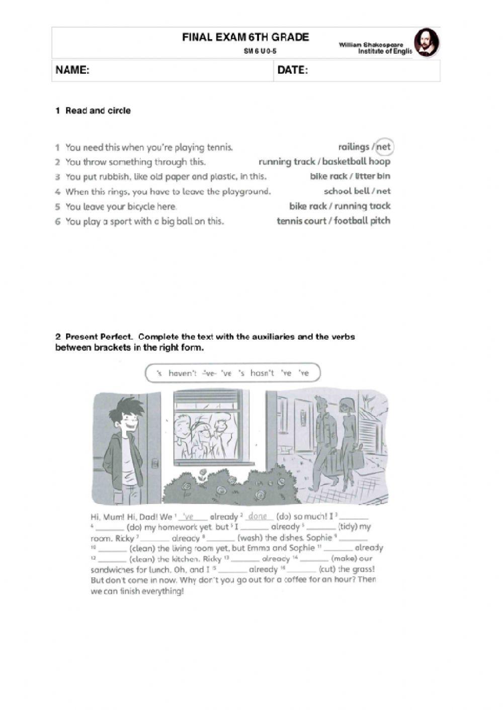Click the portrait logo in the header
pos(426,42)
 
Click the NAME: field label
pos(72,70)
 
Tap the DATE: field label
pos(292,70)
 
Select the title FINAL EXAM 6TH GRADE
pos(245,37)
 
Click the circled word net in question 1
pos(384,147)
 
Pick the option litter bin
pos(373,176)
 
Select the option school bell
pos(347,191)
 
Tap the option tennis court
pos(301,221)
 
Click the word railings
pos(354,147)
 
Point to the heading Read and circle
pos(98,111)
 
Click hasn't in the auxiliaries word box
pos(262,373)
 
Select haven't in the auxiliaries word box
pos(183,373)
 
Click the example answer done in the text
pos(258,517)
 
